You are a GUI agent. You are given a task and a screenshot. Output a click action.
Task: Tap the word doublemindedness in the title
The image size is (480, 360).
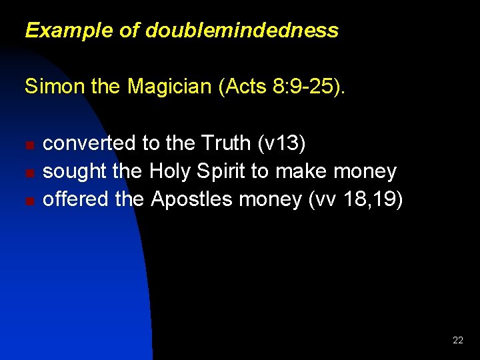tap(242, 31)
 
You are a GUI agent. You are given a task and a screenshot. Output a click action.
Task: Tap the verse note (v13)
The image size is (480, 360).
tap(282, 143)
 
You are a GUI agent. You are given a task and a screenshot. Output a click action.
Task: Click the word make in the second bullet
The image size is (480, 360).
tap(301, 171)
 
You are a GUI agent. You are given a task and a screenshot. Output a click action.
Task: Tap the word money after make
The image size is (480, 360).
tap(365, 171)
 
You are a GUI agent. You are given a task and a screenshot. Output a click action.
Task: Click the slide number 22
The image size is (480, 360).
tap(458, 340)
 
